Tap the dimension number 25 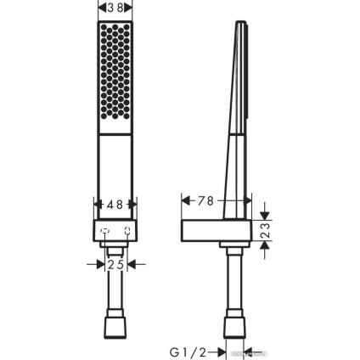pyautogui.click(x=116, y=265)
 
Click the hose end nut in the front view pyautogui.click(x=116, y=326)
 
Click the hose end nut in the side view pyautogui.click(x=234, y=326)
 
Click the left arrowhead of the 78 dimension pyautogui.click(x=186, y=201)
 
